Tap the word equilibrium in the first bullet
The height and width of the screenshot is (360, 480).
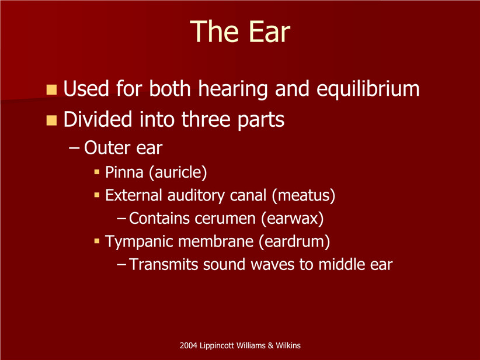tap(368, 89)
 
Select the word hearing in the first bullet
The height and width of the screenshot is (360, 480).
tap(234, 89)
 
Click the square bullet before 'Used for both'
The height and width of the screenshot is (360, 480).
tap(51, 89)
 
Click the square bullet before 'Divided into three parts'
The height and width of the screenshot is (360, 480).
tap(51, 120)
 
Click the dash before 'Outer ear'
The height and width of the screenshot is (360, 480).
tap(74, 148)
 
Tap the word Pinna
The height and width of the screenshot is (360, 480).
tap(124, 172)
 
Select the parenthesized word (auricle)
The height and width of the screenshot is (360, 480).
tap(178, 172)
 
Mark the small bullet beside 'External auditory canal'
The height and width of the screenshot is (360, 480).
tap(97, 195)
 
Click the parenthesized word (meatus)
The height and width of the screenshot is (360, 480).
tap(304, 195)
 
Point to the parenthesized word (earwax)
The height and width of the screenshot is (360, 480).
tap(293, 219)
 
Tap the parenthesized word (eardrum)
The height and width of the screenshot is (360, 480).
tap(294, 241)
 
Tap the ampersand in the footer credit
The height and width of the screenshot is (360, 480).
tap(270, 345)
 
